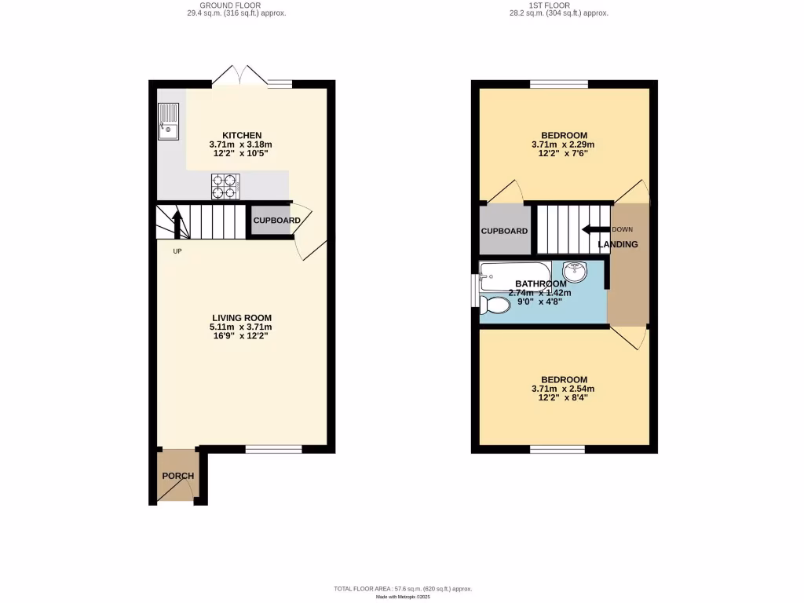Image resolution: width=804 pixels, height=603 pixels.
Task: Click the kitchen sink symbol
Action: pyautogui.click(x=169, y=122)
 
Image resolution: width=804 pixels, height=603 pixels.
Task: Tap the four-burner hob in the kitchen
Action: pyautogui.click(x=225, y=186)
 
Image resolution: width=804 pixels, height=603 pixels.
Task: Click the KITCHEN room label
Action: pyautogui.click(x=241, y=135)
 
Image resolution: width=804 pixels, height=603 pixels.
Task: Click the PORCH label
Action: pyautogui.click(x=177, y=476)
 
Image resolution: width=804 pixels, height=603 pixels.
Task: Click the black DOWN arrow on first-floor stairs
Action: pyautogui.click(x=596, y=229)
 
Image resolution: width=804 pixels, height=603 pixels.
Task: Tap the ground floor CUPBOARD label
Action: pyautogui.click(x=276, y=221)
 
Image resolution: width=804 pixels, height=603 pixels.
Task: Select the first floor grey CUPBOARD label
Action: pyautogui.click(x=504, y=231)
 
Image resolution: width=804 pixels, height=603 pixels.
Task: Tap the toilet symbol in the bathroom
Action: pyautogui.click(x=495, y=304)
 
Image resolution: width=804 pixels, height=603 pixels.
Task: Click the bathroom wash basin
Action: pyautogui.click(x=576, y=272)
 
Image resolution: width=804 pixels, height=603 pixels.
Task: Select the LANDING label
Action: pyautogui.click(x=618, y=244)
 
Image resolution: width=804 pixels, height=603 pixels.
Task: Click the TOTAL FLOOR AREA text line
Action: pyautogui.click(x=403, y=588)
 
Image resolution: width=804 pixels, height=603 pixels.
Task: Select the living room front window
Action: pyautogui.click(x=273, y=449)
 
